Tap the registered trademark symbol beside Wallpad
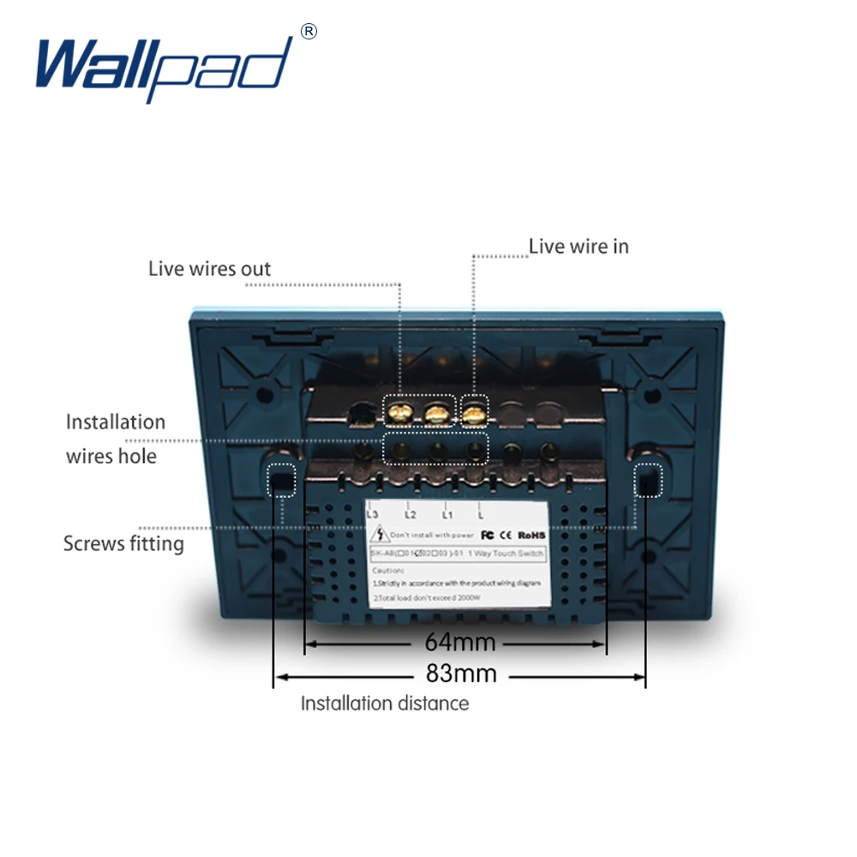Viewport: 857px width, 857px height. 309,32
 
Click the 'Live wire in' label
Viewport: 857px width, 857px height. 578,246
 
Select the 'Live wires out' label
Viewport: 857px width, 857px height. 209,269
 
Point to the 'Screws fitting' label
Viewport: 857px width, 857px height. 123,543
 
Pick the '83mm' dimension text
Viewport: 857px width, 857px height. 461,674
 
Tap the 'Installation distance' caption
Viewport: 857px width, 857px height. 385,704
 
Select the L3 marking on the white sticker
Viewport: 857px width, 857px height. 373,514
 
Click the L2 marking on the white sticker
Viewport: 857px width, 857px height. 410,514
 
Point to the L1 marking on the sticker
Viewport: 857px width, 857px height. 446,514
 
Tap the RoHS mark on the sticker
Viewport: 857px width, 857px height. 533,534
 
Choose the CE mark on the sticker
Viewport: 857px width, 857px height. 506,534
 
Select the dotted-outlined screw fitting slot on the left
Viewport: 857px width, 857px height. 280,480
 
